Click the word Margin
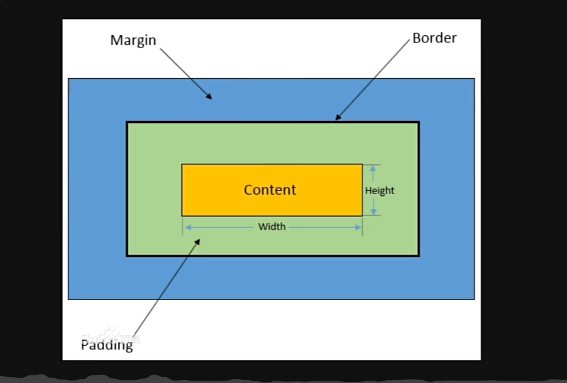(x=133, y=41)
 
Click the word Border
(x=435, y=38)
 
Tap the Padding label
(x=107, y=345)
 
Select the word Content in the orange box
(x=270, y=190)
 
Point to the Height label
(x=380, y=191)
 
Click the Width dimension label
(x=272, y=227)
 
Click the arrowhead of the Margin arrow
(x=210, y=97)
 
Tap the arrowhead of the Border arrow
(x=337, y=118)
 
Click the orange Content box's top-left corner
(x=182, y=165)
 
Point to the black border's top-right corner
(x=419, y=122)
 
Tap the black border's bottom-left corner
(x=127, y=255)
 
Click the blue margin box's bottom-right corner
(x=474, y=299)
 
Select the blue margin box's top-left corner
(x=69, y=79)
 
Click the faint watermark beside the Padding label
(x=118, y=334)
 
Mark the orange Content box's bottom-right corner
(x=362, y=215)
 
